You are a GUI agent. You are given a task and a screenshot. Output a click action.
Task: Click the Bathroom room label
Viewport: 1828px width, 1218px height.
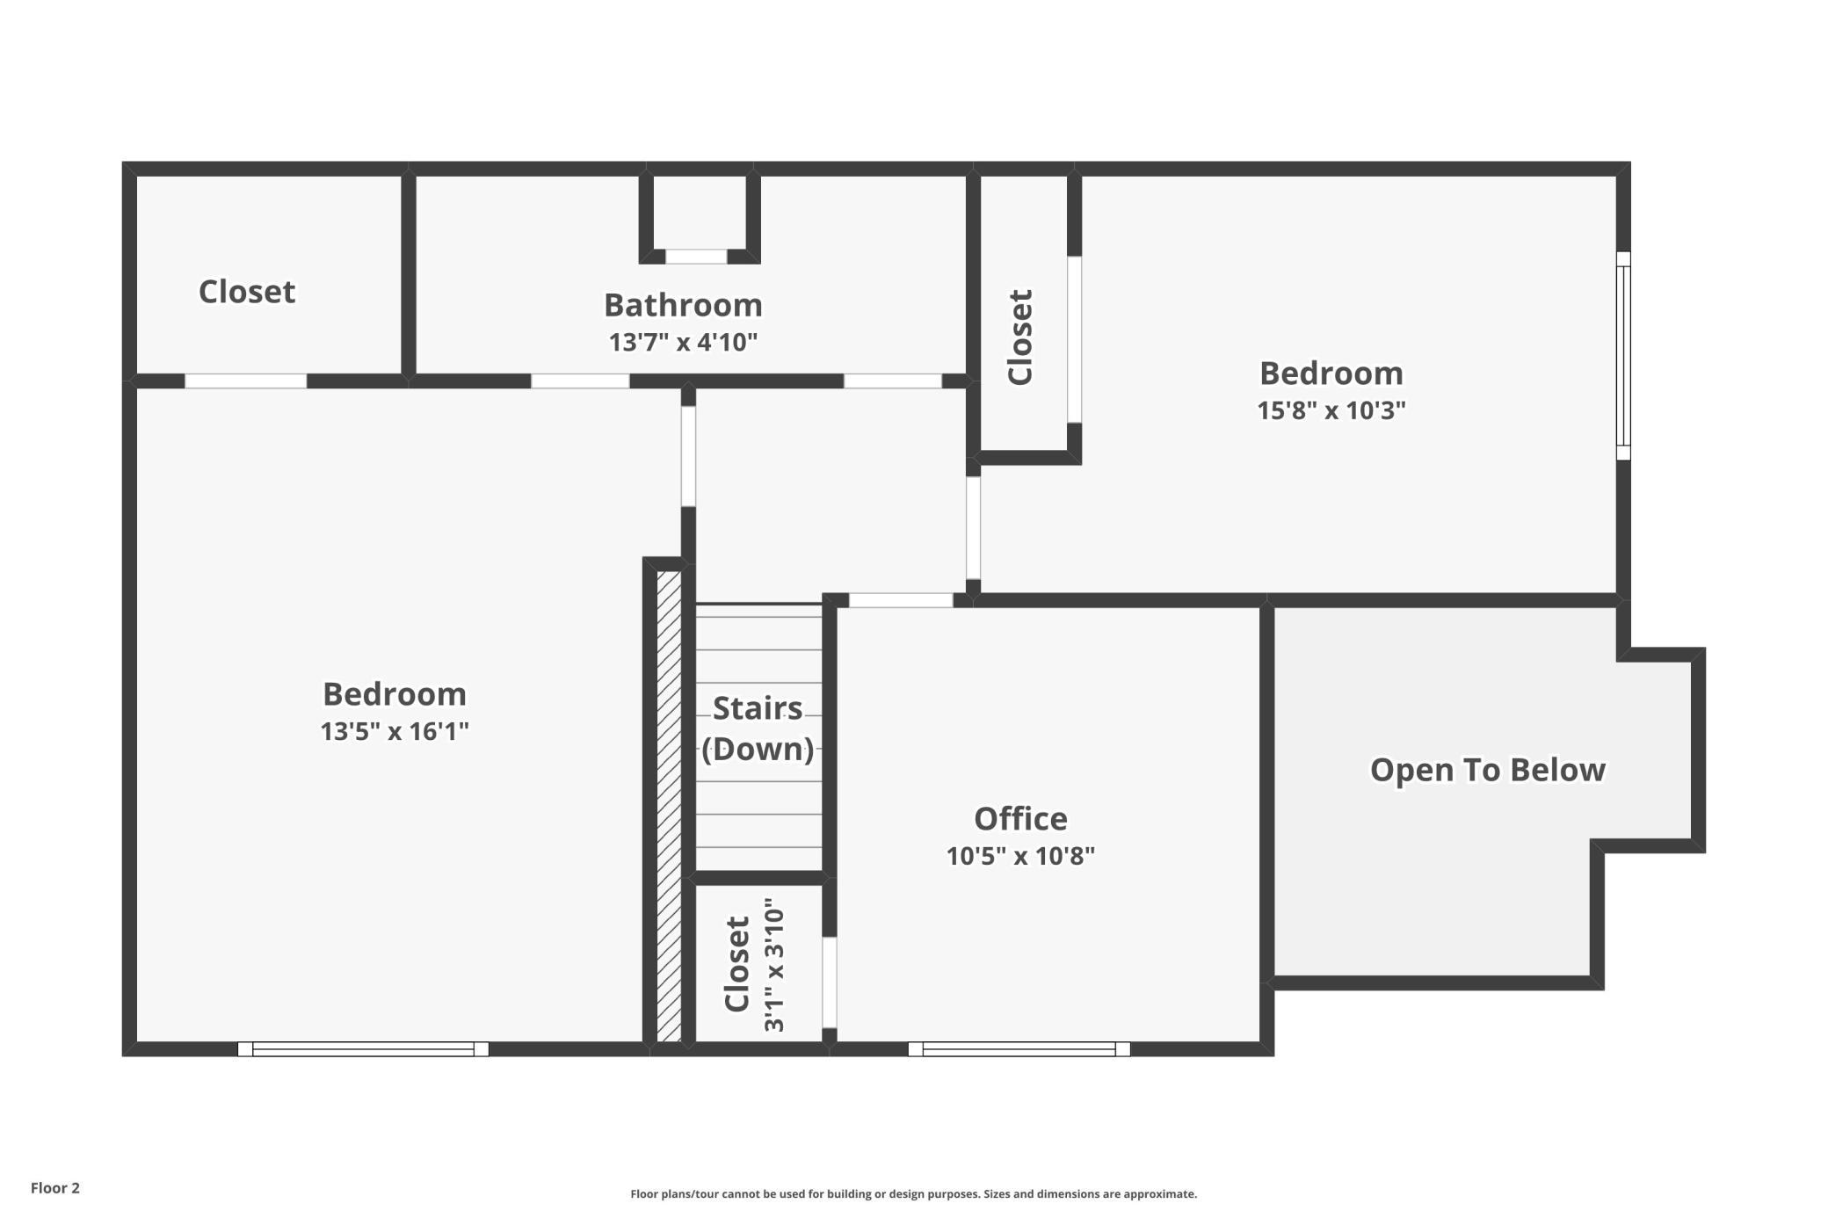tap(683, 305)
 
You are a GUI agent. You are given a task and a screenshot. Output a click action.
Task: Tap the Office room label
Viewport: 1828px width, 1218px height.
tap(1020, 818)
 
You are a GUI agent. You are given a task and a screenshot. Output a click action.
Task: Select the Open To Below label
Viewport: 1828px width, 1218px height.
tap(1487, 770)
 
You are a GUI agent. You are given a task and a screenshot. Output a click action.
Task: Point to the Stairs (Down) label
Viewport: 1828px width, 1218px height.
tap(758, 729)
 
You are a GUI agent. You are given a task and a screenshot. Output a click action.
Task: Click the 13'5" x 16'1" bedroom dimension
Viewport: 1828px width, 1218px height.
tap(395, 731)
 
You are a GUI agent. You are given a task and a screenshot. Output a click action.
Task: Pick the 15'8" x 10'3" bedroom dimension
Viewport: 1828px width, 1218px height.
tap(1331, 410)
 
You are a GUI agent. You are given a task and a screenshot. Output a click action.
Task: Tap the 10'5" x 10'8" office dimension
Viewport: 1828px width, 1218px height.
tap(1020, 856)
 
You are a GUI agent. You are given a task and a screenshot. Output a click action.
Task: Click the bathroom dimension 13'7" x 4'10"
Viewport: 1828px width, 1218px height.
tap(683, 342)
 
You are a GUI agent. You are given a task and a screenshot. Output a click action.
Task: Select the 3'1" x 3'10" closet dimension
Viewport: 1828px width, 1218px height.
tap(773, 965)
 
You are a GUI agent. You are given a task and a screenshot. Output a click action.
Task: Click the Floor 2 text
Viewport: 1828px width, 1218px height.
tap(55, 1188)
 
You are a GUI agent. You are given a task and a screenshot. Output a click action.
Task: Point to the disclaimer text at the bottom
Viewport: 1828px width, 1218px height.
tap(913, 1193)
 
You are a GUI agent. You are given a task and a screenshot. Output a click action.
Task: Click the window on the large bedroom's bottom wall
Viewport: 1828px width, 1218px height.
tap(363, 1048)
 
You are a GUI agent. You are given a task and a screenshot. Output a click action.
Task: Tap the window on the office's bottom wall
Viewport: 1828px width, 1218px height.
tap(1019, 1048)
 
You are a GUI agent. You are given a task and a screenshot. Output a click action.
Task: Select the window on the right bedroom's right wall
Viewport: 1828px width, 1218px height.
tap(1623, 356)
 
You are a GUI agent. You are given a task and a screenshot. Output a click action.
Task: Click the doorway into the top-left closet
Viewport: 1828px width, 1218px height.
tap(245, 381)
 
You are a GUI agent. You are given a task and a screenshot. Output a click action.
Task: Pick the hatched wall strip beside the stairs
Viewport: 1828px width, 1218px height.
tap(669, 807)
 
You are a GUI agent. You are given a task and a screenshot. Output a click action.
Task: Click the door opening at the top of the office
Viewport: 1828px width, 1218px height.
tap(901, 600)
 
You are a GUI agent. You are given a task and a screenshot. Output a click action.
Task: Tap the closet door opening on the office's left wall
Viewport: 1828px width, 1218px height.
tap(829, 982)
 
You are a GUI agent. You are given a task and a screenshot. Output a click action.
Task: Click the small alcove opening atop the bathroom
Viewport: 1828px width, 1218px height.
tap(696, 257)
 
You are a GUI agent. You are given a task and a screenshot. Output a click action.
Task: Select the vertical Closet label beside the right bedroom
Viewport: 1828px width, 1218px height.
tap(1019, 337)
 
